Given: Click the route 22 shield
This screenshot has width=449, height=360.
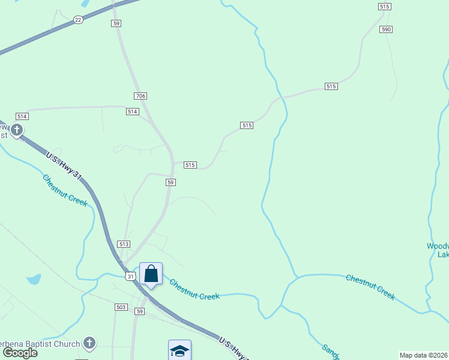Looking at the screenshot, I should point(78,20).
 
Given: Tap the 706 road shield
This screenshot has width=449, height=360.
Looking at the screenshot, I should point(140,96).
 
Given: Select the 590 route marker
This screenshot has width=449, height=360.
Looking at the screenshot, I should point(386,29).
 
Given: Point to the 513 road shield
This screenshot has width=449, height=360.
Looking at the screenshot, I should point(124,244).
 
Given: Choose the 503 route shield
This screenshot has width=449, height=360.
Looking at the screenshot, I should point(121,307).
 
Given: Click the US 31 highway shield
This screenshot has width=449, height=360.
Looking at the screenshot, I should point(131,277).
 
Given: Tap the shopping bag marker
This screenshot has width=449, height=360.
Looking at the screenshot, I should point(151,274).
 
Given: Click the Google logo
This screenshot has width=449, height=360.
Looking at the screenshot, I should point(20,353).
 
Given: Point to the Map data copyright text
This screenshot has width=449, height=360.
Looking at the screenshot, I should point(424,355).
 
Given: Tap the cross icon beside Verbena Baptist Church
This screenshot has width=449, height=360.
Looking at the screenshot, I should point(89,343).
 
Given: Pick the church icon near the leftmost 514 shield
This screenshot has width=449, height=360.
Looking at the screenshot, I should point(17,129).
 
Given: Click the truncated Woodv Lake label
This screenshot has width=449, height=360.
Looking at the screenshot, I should point(438,250).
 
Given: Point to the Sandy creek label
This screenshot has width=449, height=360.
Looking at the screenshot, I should point(331,352).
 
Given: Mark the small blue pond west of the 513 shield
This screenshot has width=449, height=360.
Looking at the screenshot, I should point(34,280).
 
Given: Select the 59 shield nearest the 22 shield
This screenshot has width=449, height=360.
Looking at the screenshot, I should point(116,23).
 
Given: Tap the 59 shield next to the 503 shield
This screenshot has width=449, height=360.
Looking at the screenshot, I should point(140,311).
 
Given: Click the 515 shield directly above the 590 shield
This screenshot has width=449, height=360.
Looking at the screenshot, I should point(385,7).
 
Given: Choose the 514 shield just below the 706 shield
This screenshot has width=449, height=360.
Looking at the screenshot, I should point(133,112).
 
